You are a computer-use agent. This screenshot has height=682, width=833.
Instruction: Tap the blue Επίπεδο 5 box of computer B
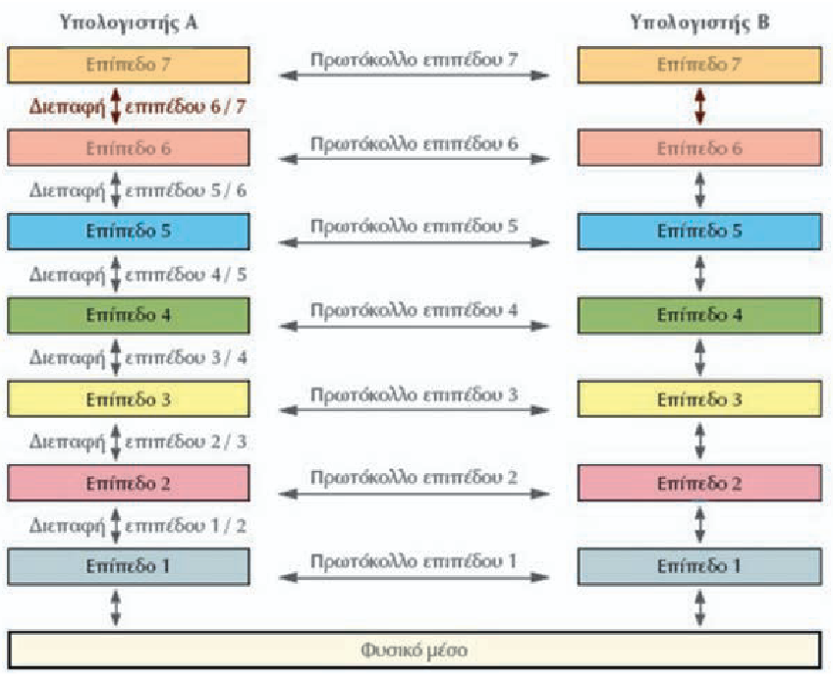click(698, 232)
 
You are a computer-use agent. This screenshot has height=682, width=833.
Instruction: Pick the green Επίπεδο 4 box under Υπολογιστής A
click(129, 316)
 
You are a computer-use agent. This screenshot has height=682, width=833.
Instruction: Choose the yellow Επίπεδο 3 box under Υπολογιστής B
click(698, 400)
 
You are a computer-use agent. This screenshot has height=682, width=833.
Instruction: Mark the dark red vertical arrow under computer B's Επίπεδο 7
click(698, 106)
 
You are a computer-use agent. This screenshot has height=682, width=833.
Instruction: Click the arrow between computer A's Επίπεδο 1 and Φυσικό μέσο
click(116, 608)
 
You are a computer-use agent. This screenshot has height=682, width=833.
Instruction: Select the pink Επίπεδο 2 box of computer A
click(129, 484)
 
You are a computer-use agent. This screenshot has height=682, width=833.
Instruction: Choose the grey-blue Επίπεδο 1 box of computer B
click(698, 567)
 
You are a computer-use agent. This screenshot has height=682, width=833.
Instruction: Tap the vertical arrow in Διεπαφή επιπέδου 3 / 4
click(116, 357)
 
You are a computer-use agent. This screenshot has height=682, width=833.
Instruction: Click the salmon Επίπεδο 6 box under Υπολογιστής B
click(698, 148)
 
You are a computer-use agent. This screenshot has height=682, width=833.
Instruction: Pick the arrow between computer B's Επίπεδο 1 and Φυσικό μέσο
click(698, 608)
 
